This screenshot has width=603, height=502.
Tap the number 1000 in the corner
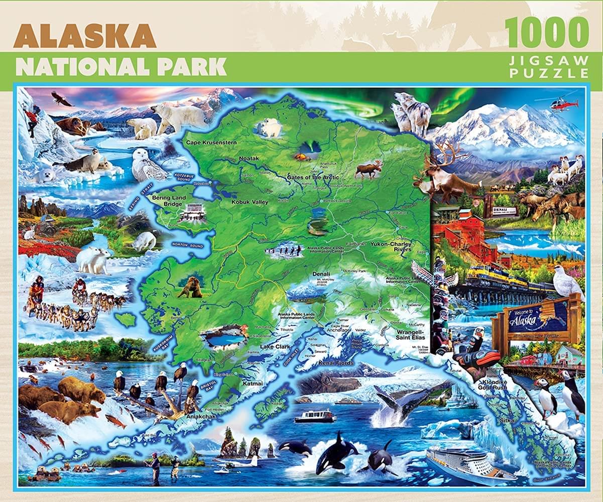pos(547,32)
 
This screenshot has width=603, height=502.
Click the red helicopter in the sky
pos(563,103)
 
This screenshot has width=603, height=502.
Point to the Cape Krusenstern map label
pos(211,143)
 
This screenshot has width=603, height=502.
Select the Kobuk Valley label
pos(250,202)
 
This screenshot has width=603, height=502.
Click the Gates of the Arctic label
pos(312,177)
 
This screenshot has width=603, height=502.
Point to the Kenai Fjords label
pos(336,362)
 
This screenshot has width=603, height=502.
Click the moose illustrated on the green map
pos(368,169)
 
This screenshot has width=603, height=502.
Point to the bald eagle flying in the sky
pos(61,99)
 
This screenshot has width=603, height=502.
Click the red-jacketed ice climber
pos(32,121)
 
